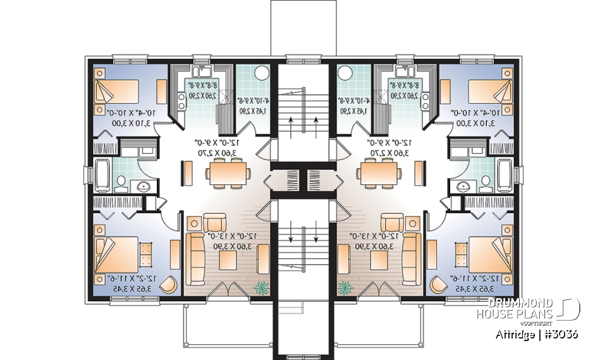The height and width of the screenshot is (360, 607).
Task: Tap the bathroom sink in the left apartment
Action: pyautogui.click(x=143, y=186)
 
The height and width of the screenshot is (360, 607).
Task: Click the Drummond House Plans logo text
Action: pyautogui.click(x=515, y=308)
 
